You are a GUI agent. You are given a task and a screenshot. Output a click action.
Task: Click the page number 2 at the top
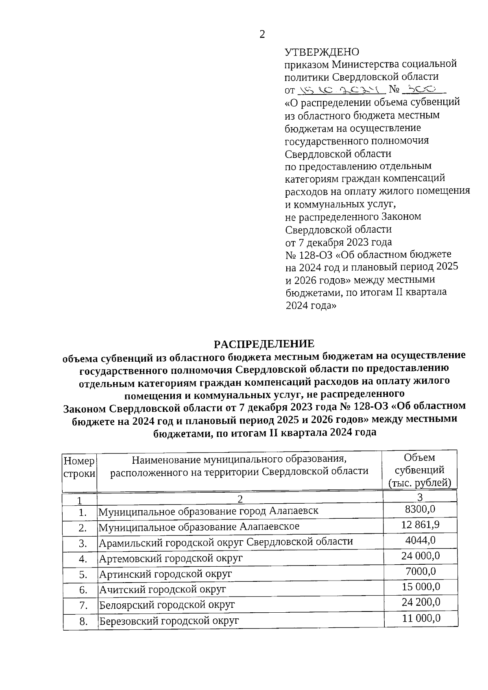(262, 35)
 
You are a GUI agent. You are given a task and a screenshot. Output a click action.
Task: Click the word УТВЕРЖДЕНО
(322, 52)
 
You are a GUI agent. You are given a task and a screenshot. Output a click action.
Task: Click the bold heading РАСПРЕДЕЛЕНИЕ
(264, 344)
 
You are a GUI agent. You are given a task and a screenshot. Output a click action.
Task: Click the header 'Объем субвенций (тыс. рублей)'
(420, 470)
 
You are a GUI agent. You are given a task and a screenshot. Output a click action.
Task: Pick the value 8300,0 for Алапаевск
(420, 509)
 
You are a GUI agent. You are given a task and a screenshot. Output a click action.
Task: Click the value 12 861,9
(420, 524)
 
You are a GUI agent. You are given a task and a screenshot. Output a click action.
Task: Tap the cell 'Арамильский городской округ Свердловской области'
(226, 542)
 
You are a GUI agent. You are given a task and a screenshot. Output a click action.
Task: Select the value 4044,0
(420, 540)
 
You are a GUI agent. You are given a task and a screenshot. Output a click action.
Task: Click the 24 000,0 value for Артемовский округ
(420, 556)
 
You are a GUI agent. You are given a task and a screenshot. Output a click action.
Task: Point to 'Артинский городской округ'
(166, 574)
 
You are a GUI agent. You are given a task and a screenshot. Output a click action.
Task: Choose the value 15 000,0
(420, 587)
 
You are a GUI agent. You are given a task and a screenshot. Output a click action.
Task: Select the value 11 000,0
(421, 618)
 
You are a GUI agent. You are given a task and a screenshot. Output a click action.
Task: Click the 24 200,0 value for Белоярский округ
(420, 602)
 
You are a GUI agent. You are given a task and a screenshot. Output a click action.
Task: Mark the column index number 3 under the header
(420, 497)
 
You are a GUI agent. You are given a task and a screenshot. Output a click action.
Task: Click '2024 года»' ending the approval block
(311, 306)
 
